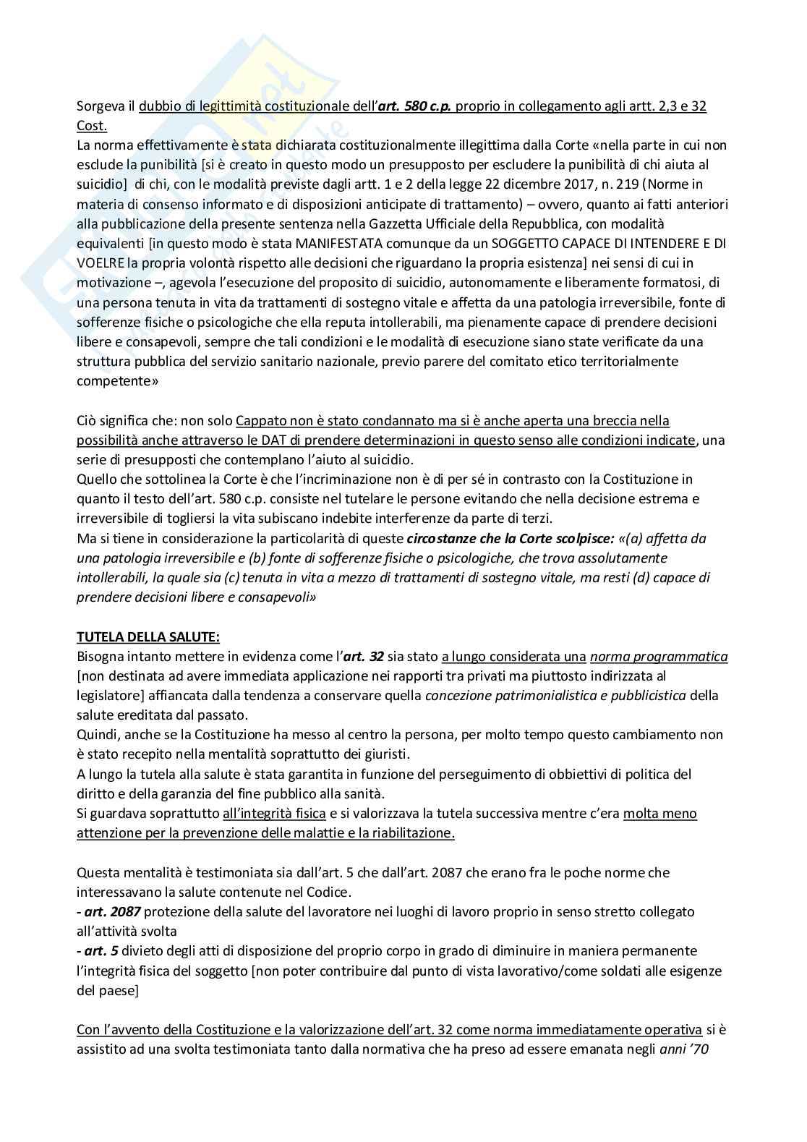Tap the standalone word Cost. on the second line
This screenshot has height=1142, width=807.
point(92,125)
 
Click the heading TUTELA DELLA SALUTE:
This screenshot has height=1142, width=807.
point(148,636)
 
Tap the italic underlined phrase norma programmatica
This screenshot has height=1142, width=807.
point(659,656)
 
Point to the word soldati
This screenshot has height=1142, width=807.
point(565,971)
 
